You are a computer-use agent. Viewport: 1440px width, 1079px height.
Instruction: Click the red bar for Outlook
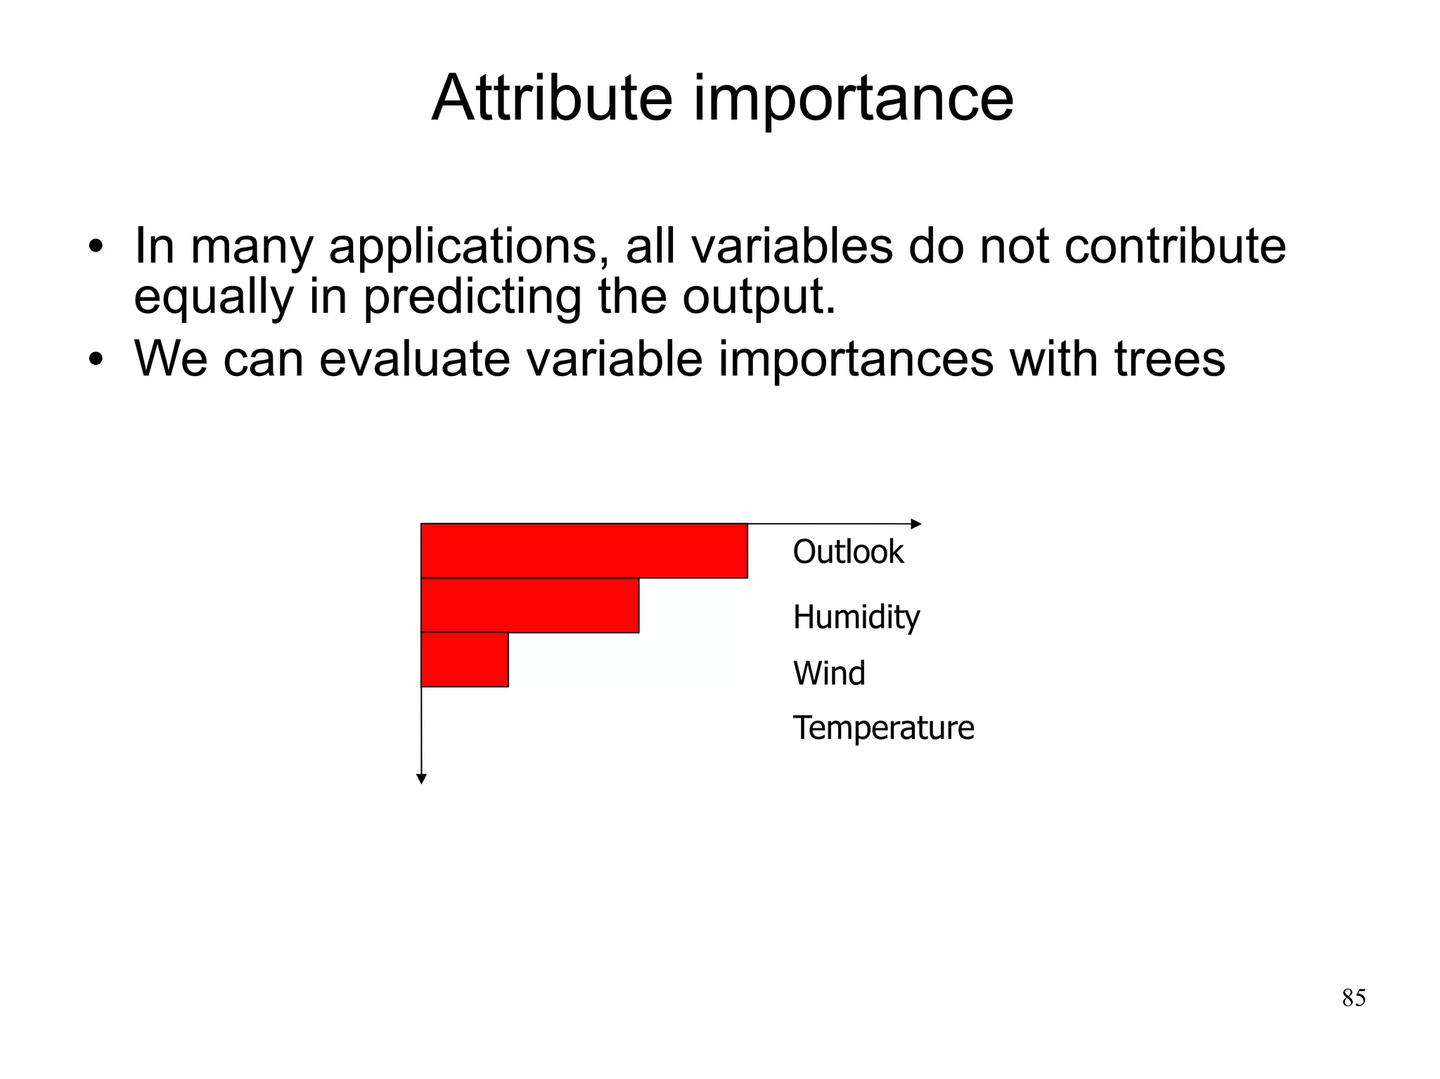584,550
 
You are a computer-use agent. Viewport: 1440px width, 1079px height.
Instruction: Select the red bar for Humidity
529,605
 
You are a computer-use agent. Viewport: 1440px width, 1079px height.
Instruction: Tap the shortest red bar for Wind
464,659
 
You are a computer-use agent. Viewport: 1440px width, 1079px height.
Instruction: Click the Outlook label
847,552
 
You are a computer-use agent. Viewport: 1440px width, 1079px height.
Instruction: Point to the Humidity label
856,617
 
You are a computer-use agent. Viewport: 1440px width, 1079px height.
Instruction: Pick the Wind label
828,673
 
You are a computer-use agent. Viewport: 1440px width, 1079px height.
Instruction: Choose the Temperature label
883,728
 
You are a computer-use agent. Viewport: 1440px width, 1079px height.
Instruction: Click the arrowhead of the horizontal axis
916,524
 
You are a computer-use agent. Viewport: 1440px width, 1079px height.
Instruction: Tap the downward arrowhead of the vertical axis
421,779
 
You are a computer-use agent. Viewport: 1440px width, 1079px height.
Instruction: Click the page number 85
1354,998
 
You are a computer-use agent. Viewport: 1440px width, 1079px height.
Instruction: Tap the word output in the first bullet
758,297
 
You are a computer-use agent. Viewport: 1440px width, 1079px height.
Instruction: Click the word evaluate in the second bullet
415,359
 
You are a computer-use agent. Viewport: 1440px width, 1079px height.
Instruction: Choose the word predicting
472,297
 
